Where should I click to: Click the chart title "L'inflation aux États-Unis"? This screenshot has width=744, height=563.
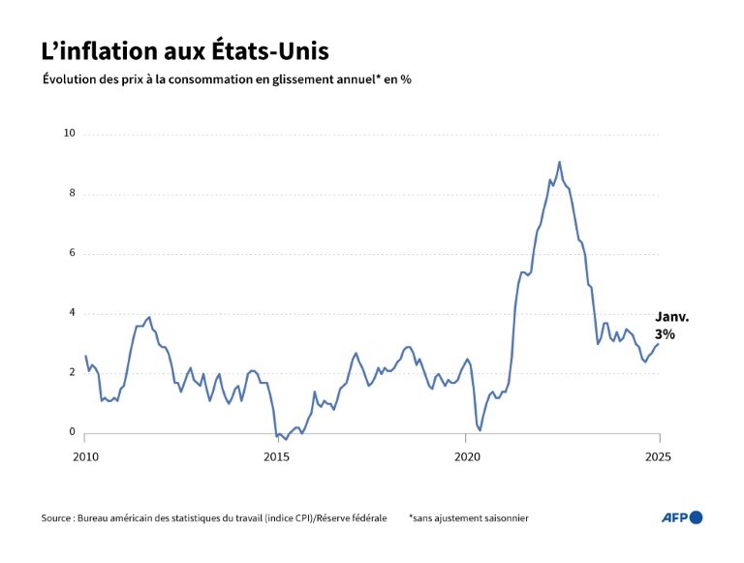[x=191, y=50]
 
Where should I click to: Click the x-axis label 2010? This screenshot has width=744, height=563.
[x=85, y=455]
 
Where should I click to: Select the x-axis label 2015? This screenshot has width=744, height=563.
[x=276, y=455]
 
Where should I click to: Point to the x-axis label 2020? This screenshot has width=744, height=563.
[x=467, y=455]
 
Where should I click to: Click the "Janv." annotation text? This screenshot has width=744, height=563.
[x=673, y=317]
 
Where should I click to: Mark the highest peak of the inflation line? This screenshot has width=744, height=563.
[x=559, y=162]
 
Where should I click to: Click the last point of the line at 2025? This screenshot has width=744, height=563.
[x=659, y=343]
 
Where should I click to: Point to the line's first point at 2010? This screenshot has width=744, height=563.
[x=85, y=356]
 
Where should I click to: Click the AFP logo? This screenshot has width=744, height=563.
[x=682, y=517]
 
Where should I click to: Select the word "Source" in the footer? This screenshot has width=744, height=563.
[x=57, y=518]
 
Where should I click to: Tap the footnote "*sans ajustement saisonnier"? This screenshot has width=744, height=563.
[x=469, y=518]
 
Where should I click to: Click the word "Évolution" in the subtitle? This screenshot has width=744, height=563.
[x=73, y=79]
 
